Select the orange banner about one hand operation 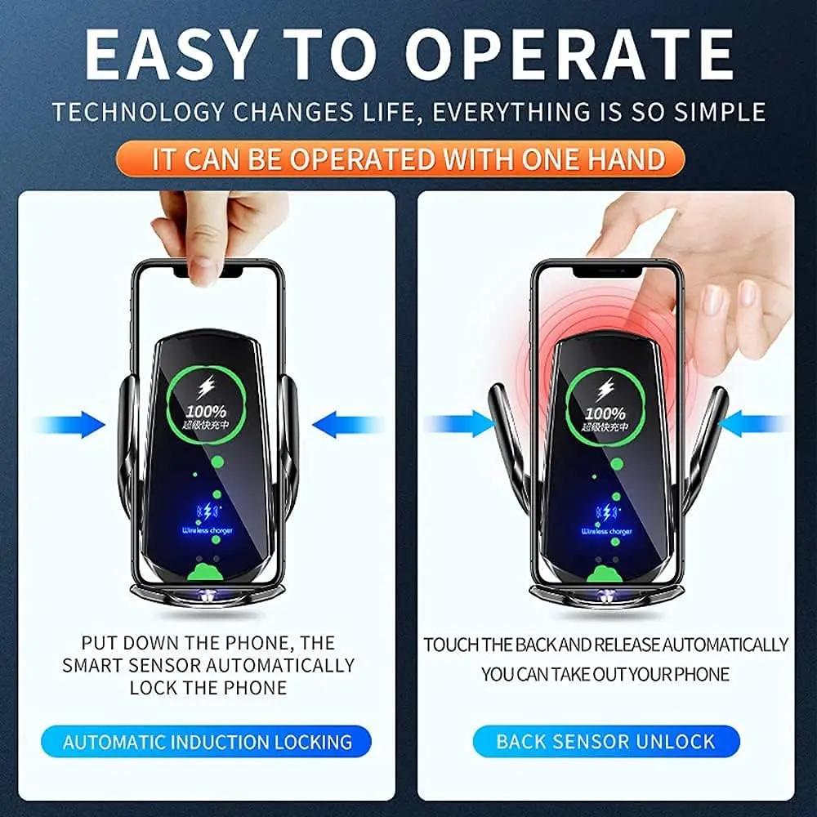[408, 158]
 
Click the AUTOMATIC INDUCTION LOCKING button [208, 742]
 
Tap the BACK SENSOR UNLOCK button [605, 742]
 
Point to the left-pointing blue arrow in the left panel [346, 425]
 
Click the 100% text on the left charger [205, 412]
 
